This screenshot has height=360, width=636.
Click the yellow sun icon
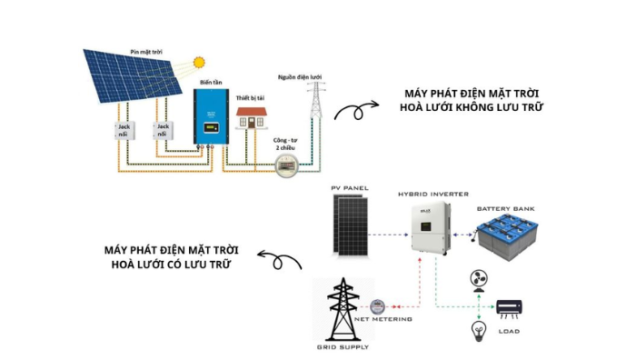click(x=198, y=63)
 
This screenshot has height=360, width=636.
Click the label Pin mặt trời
click(x=147, y=52)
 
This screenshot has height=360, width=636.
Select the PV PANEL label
click(x=349, y=189)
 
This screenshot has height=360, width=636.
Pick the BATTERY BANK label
click(x=506, y=208)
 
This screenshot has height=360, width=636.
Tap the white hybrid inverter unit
click(x=432, y=228)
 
